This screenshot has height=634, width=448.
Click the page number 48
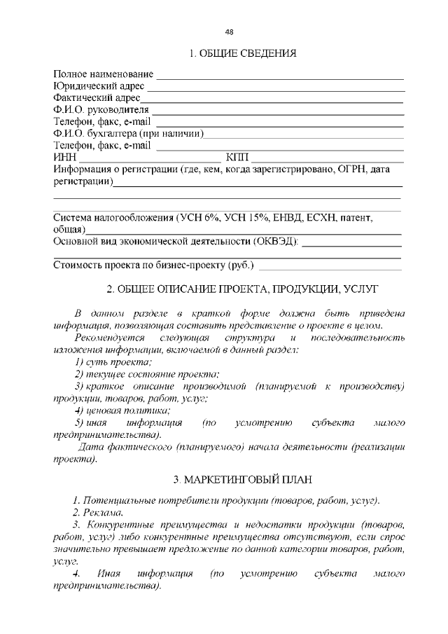pos(230,31)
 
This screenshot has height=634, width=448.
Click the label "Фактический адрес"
pos(97,99)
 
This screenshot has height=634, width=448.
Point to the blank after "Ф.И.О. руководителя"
pos(278,112)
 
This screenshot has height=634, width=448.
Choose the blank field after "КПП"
pos(327,160)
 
